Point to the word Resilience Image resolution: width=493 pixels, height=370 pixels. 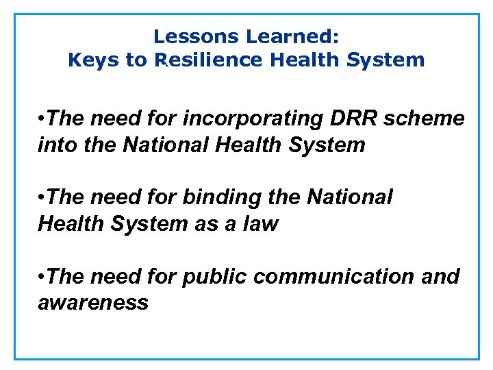click(x=210, y=60)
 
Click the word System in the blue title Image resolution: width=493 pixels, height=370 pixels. click(x=385, y=60)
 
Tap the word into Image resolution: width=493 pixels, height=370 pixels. click(x=57, y=145)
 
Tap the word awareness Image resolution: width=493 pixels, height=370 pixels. click(x=92, y=302)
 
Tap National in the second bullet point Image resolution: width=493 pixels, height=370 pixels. click(x=350, y=197)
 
